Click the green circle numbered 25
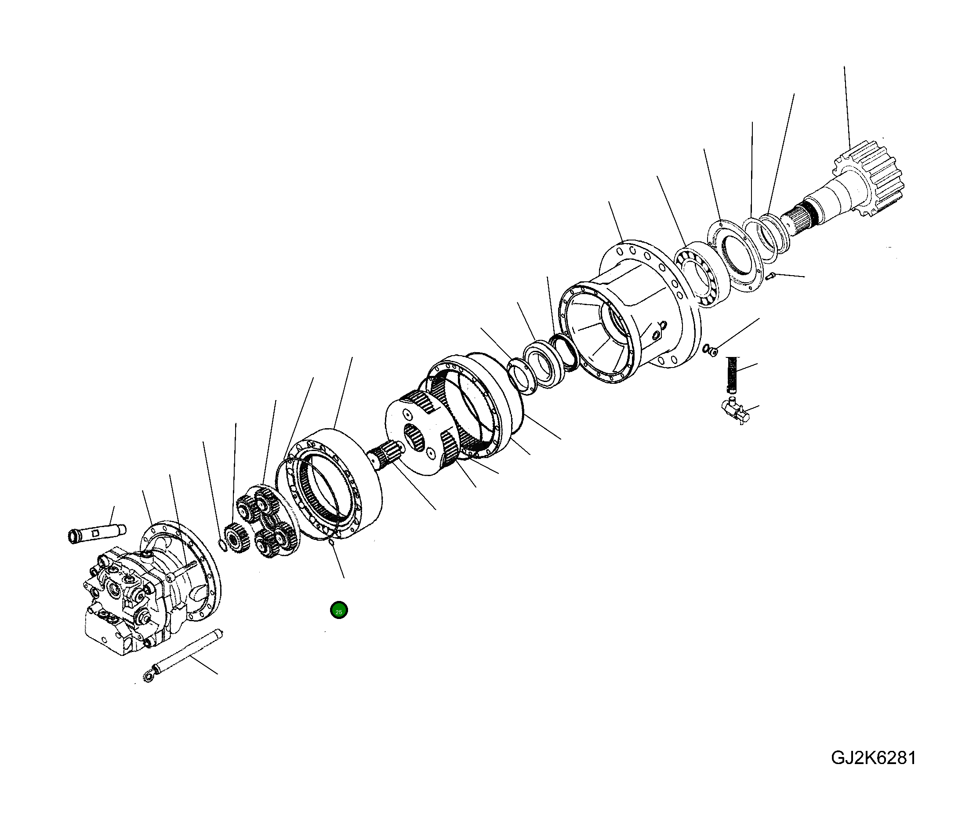coord(338,611)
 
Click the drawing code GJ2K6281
coord(873,758)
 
